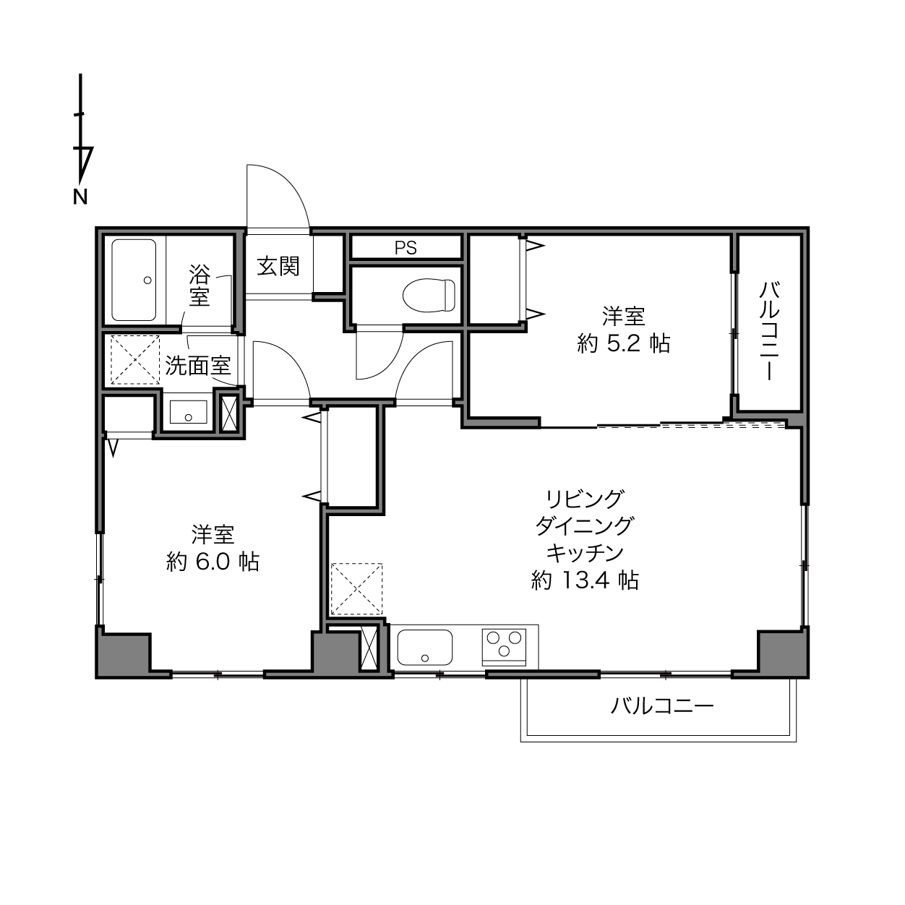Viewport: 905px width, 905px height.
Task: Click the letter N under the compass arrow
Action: click(80, 197)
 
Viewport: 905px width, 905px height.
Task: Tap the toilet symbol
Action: click(429, 295)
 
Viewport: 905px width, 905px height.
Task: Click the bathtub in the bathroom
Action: click(134, 280)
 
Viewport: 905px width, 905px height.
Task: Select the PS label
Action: click(406, 248)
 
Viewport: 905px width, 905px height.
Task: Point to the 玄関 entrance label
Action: click(278, 267)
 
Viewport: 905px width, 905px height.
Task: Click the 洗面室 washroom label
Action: click(198, 366)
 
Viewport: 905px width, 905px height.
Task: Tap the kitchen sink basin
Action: click(425, 648)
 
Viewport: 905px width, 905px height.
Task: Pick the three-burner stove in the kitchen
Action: click(504, 647)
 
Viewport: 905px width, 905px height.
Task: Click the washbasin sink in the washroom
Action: click(189, 412)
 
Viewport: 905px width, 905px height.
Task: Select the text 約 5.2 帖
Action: click(623, 344)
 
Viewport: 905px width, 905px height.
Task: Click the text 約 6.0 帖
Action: click(213, 561)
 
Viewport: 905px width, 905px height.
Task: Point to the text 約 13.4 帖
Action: click(585, 580)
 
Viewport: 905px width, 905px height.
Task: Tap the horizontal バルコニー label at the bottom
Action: click(661, 706)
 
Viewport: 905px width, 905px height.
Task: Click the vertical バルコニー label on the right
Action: click(770, 330)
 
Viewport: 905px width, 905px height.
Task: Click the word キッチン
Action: click(585, 553)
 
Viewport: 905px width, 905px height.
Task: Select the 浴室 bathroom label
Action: click(199, 285)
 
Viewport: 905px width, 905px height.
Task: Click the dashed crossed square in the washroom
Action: click(135, 360)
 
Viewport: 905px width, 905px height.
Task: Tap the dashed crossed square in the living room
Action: click(357, 589)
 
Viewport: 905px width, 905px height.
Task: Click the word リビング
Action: click(585, 499)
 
